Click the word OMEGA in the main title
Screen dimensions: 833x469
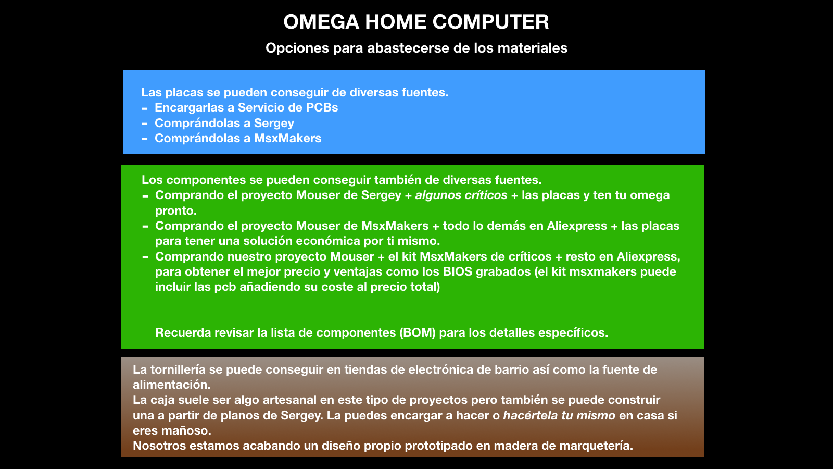(321, 21)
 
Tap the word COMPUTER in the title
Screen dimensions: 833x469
(490, 21)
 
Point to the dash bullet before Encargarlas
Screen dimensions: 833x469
(145, 109)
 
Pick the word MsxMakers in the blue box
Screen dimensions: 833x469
(287, 139)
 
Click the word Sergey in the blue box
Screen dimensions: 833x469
(274, 123)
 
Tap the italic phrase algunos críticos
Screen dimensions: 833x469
(461, 195)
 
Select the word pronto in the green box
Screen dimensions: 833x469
(175, 211)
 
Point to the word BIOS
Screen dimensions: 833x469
(458, 271)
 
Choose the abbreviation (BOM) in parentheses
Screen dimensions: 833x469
(417, 332)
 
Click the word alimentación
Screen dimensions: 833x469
(171, 385)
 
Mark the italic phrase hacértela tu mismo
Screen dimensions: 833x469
(559, 415)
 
